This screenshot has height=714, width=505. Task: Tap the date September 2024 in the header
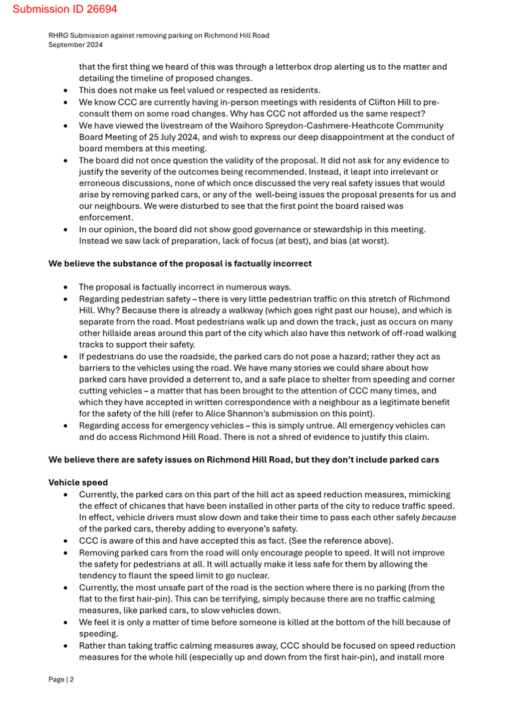click(x=75, y=45)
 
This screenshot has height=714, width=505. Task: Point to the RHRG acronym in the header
click(x=58, y=35)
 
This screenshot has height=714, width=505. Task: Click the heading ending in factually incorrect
click(x=180, y=264)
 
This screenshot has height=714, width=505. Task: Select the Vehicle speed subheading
click(x=78, y=482)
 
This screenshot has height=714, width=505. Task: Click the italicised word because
click(x=439, y=517)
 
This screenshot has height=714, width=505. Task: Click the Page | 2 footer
click(x=61, y=679)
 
